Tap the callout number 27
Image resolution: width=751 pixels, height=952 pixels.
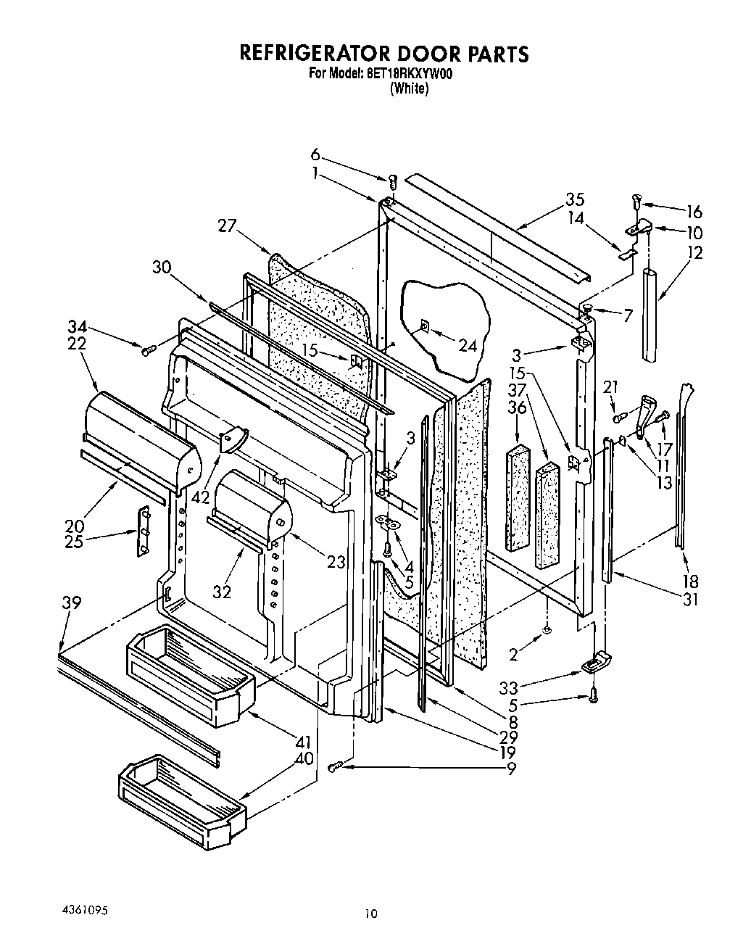point(227,226)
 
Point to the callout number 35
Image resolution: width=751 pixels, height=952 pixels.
point(575,199)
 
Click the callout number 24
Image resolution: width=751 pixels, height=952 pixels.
point(468,345)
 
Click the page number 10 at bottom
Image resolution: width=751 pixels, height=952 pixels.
point(370,915)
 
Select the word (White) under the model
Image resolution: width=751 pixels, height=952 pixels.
point(409,88)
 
